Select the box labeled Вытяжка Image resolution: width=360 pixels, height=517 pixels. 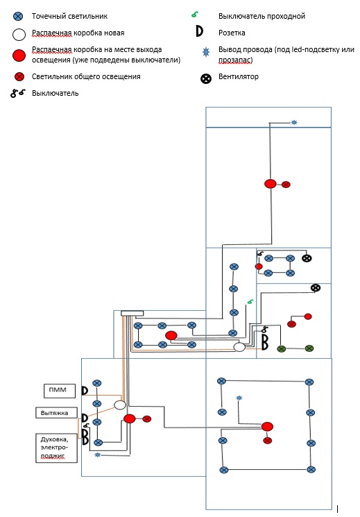[56, 413]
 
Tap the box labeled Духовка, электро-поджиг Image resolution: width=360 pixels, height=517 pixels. [56, 448]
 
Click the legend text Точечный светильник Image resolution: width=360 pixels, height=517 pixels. [69, 16]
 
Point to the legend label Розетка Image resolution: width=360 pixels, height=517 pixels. [232, 33]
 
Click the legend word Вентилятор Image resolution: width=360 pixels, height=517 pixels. [239, 76]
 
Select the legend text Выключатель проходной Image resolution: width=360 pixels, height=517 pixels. [262, 16]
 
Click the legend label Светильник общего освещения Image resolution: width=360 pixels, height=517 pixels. [86, 76]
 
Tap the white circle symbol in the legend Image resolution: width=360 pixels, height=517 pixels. [19, 34]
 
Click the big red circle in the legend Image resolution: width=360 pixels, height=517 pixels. [19, 56]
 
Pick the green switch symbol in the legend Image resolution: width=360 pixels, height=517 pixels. [195, 14]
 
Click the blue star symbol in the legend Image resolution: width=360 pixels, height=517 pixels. [206, 52]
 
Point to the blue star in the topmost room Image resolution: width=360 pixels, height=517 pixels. [294, 123]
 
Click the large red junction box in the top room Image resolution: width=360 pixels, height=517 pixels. [271, 184]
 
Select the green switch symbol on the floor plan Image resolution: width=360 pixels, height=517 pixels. [250, 301]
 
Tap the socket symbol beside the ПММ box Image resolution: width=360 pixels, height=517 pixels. [85, 391]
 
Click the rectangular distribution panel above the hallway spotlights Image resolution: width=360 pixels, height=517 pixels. [132, 313]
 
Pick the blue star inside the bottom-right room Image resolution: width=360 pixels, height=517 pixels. [239, 398]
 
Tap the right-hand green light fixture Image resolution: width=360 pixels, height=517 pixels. [309, 348]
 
